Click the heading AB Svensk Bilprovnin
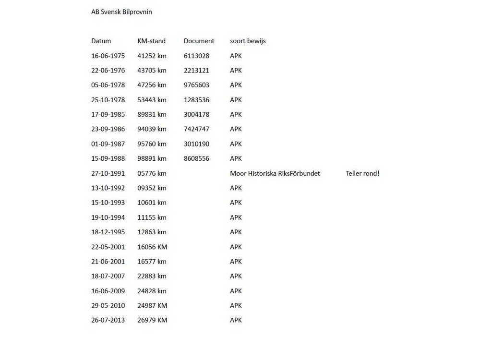pos(121,12)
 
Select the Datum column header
pos(101,41)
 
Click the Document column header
pos(199,41)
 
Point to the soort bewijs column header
pos(248,41)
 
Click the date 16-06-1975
pos(108,56)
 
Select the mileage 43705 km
pos(152,70)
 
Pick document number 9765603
pos(196,85)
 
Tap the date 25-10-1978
pos(108,100)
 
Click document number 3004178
pos(196,114)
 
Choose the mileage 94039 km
pos(152,129)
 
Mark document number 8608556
pos(196,158)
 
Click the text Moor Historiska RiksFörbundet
pos(275,173)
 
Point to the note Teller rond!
pos(362,173)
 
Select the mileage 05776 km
pos(152,173)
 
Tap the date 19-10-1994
pos(108,217)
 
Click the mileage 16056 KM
pos(152,247)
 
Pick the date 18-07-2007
pos(108,276)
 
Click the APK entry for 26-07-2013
pos(236,320)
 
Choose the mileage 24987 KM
pos(152,305)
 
